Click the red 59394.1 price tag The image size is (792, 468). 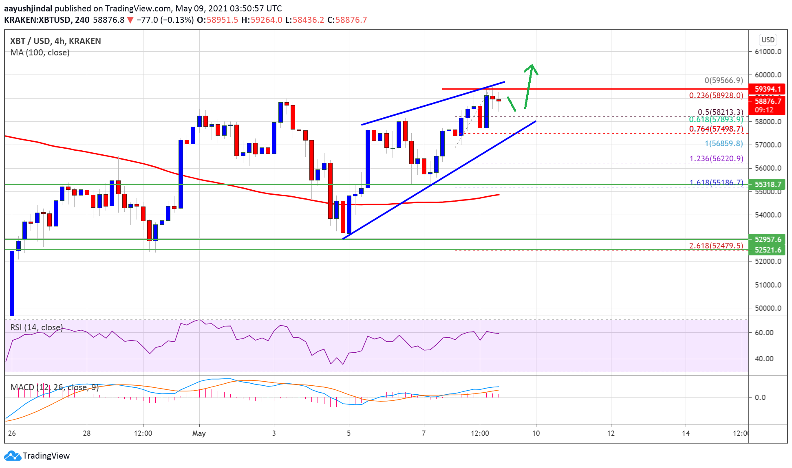pyautogui.click(x=768, y=89)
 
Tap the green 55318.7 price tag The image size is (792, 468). pyautogui.click(x=768, y=184)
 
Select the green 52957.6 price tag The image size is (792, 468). pyautogui.click(x=768, y=239)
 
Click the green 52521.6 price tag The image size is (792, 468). pyautogui.click(x=768, y=250)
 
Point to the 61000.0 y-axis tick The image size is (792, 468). pyautogui.click(x=768, y=52)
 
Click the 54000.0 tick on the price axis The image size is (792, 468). pyautogui.click(x=768, y=215)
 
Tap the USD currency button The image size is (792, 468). pyautogui.click(x=768, y=40)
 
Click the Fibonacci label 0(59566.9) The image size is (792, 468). pyautogui.click(x=724, y=80)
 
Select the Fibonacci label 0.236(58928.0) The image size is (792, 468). pyautogui.click(x=716, y=95)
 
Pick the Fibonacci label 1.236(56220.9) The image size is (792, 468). pyautogui.click(x=716, y=158)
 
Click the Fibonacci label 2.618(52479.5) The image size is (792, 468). pyautogui.click(x=716, y=246)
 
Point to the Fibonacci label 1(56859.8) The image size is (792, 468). pyautogui.click(x=724, y=143)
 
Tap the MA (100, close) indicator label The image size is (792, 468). pyautogui.click(x=40, y=53)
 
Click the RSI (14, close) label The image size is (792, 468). pyautogui.click(x=36, y=327)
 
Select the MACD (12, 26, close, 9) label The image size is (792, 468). pyautogui.click(x=54, y=387)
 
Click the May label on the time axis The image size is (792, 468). pyautogui.click(x=199, y=433)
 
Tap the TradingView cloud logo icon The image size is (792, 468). pyautogui.click(x=12, y=455)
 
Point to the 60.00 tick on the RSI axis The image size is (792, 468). pyautogui.click(x=763, y=332)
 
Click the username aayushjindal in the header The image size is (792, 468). pyautogui.click(x=28, y=8)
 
